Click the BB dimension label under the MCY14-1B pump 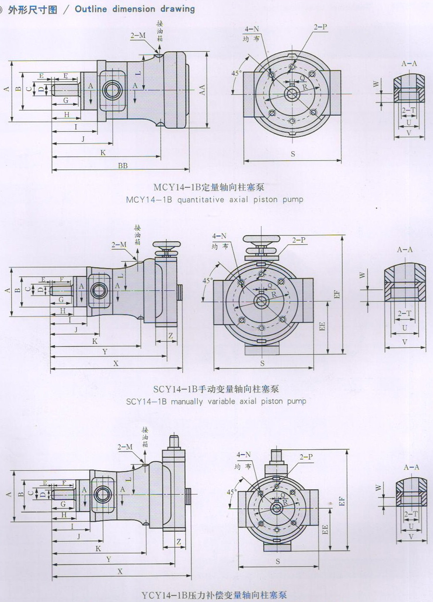click(123, 165)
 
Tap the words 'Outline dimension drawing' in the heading click(135, 9)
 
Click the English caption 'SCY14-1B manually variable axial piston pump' click(216, 401)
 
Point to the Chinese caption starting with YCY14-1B click(215, 596)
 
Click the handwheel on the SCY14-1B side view click(166, 245)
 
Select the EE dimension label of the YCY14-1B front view click(325, 529)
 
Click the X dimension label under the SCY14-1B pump click(116, 364)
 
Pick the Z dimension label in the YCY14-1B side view click(178, 542)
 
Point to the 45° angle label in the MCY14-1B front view click(236, 73)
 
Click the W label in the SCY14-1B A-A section click(363, 275)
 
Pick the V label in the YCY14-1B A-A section click(410, 536)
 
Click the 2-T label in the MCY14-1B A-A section click(409, 111)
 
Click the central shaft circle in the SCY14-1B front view click(262, 301)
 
